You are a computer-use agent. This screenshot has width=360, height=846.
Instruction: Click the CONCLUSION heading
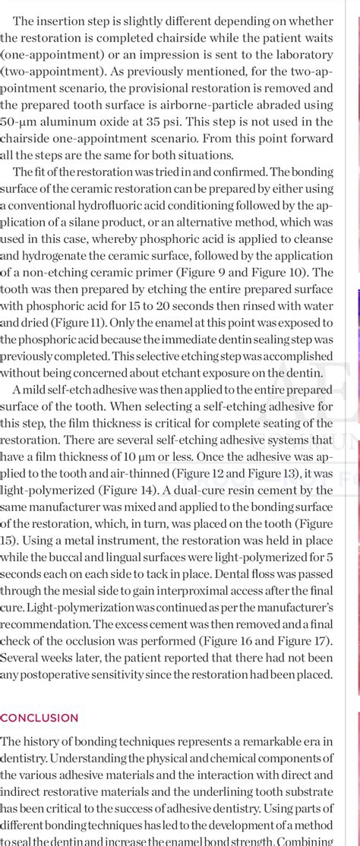point(39,718)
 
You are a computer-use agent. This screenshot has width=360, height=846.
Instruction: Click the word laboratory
point(301,55)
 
